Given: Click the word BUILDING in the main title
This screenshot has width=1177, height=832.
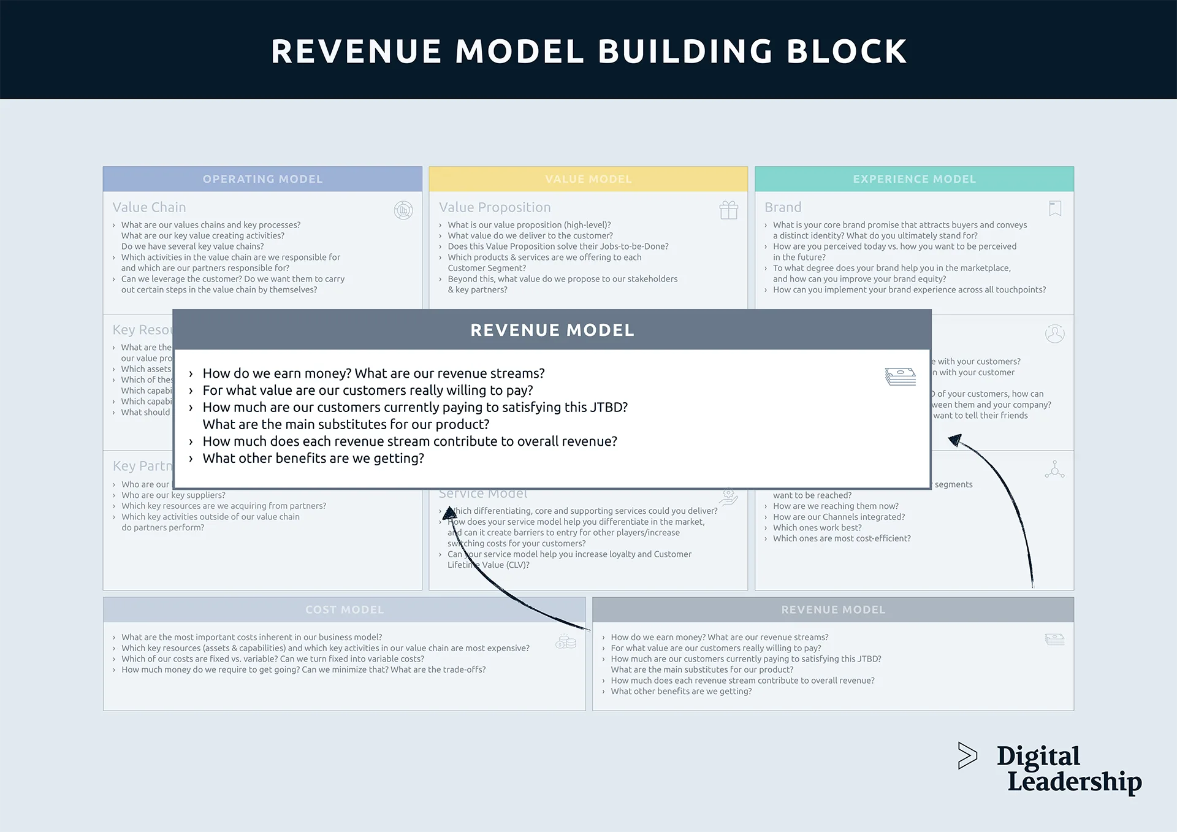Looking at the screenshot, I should [685, 52].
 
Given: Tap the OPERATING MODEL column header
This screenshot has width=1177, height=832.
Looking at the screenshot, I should [262, 179].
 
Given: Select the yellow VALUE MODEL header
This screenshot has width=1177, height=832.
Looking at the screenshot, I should [588, 179].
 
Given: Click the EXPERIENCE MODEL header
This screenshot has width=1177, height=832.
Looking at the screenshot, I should [914, 179].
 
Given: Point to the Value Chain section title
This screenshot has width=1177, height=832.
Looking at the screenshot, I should [149, 207].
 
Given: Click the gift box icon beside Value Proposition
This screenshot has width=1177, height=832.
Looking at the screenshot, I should [728, 210].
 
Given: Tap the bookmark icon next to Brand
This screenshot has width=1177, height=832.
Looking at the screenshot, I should [1055, 208].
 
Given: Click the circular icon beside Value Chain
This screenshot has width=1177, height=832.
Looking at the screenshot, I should [403, 210].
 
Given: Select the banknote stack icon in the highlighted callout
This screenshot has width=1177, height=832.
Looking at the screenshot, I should [900, 376].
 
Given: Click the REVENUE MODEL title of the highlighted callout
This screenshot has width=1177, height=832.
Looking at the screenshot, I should [552, 330].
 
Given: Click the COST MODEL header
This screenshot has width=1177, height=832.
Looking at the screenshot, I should [345, 609].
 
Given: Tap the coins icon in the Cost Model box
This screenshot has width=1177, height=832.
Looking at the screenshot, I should [566, 641].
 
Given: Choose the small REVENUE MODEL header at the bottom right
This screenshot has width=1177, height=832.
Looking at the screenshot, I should [833, 609].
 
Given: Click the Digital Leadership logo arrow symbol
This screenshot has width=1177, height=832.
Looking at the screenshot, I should [967, 755].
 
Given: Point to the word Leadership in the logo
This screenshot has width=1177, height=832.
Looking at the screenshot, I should [1074, 782].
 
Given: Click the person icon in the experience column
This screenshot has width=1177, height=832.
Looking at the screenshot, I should [1054, 334].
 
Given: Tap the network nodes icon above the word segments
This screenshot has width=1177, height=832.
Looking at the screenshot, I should [1054, 470].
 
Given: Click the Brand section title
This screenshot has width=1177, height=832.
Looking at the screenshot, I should [783, 207].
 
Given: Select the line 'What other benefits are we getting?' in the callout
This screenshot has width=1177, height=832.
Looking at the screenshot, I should [313, 459].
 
